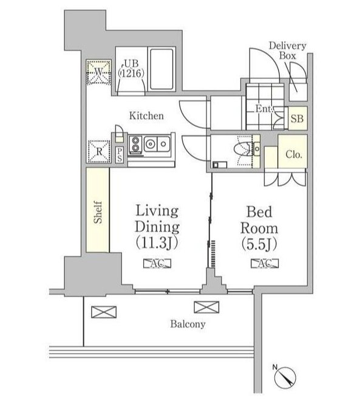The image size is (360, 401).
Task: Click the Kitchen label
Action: [x=146, y=116]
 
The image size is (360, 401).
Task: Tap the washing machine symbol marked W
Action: [x=98, y=72]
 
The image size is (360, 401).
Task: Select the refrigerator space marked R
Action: [x=99, y=151]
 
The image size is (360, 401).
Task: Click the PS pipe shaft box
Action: [x=120, y=155]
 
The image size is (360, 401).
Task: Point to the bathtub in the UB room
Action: [x=161, y=69]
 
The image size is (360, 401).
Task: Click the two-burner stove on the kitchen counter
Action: [x=135, y=145]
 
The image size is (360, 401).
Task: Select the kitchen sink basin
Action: [x=157, y=144]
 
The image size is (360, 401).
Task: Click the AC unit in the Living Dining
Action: [x=157, y=264]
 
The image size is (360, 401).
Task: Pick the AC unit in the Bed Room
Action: [x=265, y=264]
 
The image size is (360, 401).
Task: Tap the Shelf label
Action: [x=98, y=212]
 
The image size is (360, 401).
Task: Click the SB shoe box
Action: [x=297, y=118]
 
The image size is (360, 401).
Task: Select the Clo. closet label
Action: [x=294, y=154]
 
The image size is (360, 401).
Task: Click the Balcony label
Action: [x=188, y=324]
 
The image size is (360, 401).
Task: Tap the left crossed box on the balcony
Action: [x=104, y=312]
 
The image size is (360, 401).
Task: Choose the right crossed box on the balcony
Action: [x=206, y=307]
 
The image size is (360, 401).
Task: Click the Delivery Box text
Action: [x=287, y=50]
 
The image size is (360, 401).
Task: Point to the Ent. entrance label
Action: [x=264, y=109]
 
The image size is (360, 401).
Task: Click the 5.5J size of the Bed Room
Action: [x=259, y=245]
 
